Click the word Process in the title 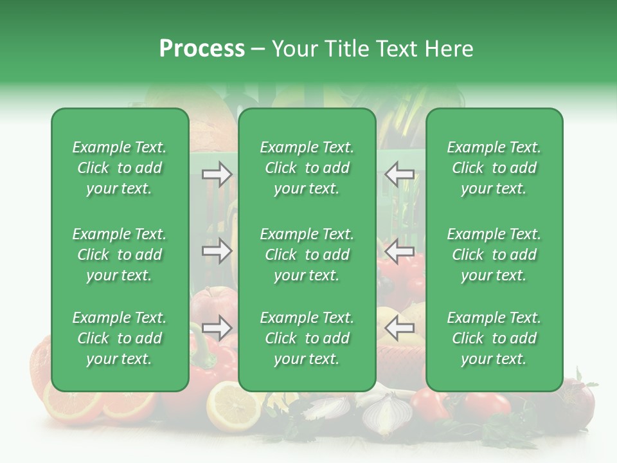click(202, 49)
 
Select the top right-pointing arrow click(217, 174)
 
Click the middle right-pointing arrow click(217, 251)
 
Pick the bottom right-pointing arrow click(217, 328)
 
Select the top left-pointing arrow click(399, 174)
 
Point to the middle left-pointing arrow click(399, 251)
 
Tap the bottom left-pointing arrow click(399, 328)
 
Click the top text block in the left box click(120, 168)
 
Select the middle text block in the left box click(120, 255)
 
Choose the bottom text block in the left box click(120, 338)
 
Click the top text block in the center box click(307, 168)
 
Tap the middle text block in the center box click(307, 255)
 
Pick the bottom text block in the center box click(307, 338)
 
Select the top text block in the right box click(494, 168)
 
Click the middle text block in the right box click(494, 255)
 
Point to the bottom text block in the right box click(494, 338)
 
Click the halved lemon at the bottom click(232, 406)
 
